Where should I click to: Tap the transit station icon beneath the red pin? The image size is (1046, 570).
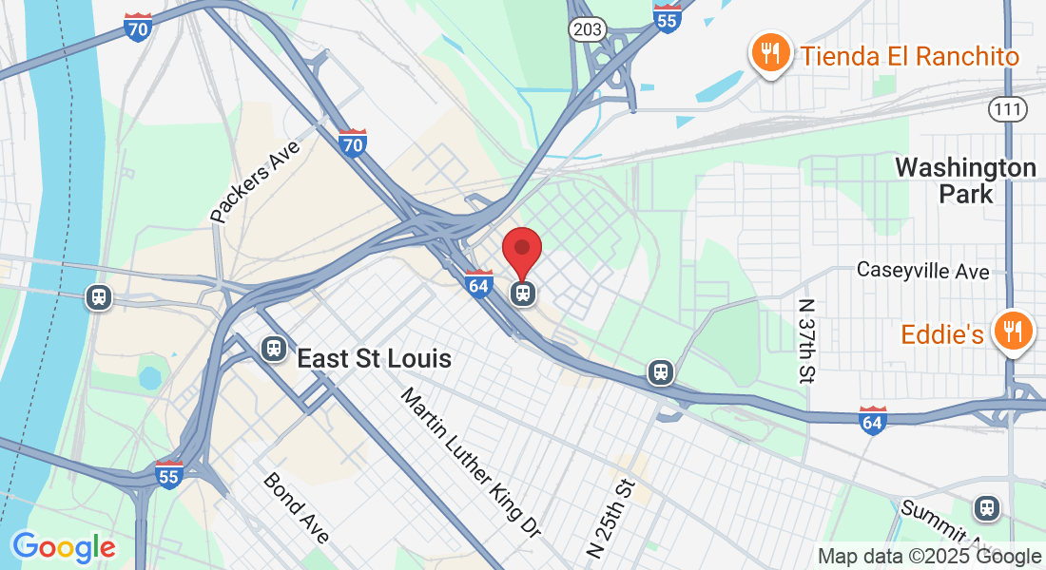point(522,293)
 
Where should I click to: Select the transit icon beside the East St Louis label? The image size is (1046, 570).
point(274,349)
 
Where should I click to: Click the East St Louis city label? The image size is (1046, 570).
point(374,359)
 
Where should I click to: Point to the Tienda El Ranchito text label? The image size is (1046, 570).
point(910,56)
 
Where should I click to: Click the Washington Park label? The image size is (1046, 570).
point(965,180)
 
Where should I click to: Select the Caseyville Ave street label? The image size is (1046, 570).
point(922,271)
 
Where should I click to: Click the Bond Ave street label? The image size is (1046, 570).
point(297,508)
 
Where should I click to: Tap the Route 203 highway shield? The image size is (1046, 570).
point(588,29)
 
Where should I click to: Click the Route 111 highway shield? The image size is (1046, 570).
point(1007,109)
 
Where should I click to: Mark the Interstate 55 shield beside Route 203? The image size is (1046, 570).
point(668,18)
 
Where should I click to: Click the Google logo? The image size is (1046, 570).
point(64,547)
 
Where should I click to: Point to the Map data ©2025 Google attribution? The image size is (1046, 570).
point(929,557)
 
